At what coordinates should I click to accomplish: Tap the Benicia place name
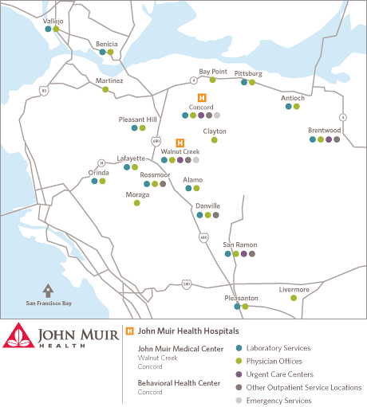[106, 44]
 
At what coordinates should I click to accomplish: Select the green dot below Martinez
[105, 89]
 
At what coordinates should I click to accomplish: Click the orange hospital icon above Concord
[201, 97]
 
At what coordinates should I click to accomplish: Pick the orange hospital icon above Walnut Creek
[180, 143]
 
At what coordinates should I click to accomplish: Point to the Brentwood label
[324, 130]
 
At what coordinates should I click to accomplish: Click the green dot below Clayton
[214, 140]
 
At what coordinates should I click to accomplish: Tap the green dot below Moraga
[136, 203]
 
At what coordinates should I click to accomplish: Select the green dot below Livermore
[294, 298]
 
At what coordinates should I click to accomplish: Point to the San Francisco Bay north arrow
[49, 291]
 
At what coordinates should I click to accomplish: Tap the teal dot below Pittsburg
[244, 82]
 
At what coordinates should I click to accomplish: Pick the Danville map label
[207, 205]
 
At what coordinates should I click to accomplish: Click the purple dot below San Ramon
[243, 254]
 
